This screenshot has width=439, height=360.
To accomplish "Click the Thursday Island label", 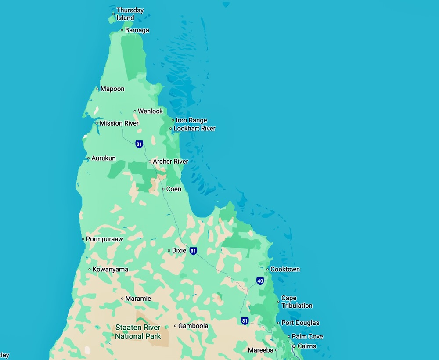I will [130, 14].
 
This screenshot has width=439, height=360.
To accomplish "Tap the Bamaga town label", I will [137, 30].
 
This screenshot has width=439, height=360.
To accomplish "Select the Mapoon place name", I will [112, 89].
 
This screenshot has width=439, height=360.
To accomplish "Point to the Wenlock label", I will [150, 111].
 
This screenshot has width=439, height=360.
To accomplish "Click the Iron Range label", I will [191, 120].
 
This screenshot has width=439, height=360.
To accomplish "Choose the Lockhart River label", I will [194, 129].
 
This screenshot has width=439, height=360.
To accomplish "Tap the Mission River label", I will [119, 123].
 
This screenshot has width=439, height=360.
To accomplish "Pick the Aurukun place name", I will [103, 158].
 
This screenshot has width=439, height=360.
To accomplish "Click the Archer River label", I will [170, 162].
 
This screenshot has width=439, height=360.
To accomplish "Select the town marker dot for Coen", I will [163, 189].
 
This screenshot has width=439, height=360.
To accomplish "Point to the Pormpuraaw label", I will [104, 239].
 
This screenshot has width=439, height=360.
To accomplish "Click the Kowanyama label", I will [110, 270].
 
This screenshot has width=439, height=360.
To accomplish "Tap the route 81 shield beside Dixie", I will [193, 251].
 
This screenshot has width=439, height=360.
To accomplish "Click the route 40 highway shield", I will [260, 281].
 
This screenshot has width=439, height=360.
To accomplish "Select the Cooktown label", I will [285, 269].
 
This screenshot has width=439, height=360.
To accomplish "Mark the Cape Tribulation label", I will [297, 302].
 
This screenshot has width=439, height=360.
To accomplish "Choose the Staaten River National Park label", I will [138, 332].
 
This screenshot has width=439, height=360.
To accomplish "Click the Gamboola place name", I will [193, 326].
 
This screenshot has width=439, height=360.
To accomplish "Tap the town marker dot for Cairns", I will [294, 346].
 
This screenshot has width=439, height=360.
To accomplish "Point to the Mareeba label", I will [260, 350].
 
